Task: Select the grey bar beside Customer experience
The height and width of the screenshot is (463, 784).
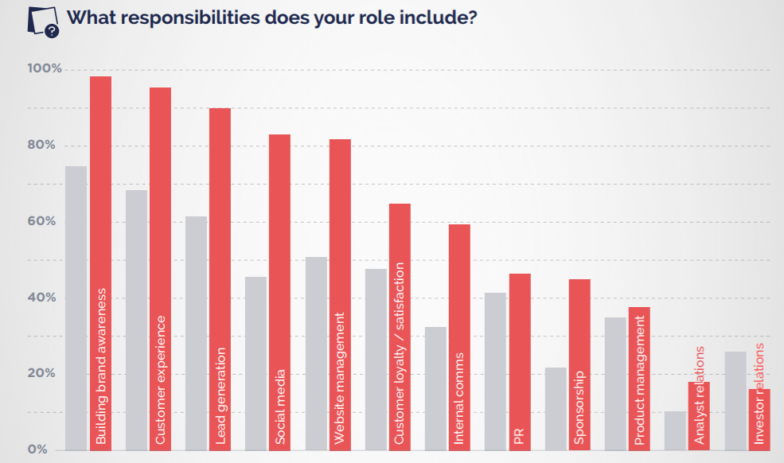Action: (136, 318)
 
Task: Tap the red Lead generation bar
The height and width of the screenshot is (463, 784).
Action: (220, 199)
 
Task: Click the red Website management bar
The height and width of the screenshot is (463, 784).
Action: (340, 207)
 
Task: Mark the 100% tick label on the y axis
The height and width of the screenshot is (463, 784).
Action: (44, 69)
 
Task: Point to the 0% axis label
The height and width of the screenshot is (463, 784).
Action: (37, 449)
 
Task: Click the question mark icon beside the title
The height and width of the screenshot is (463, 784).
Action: (52, 31)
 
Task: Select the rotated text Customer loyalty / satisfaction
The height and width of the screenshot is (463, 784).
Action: (400, 354)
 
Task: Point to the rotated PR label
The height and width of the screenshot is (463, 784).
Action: (519, 437)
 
